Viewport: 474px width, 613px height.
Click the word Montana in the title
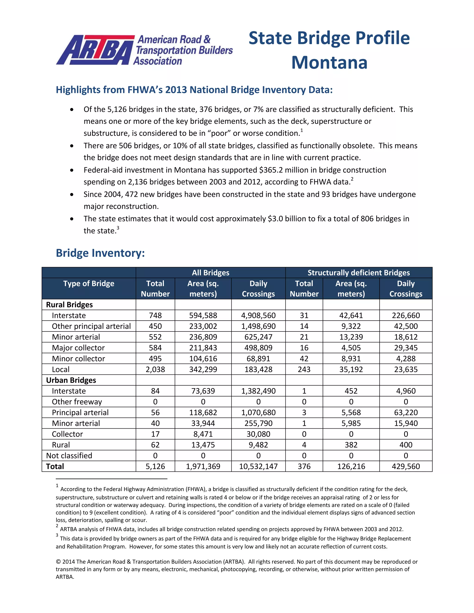(329, 63)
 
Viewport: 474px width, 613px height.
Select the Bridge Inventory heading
(100, 253)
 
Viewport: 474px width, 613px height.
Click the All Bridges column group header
(210, 272)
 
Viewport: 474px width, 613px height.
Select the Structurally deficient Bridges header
(358, 272)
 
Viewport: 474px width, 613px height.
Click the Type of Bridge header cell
(88, 284)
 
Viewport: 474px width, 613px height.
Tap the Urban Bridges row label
(71, 380)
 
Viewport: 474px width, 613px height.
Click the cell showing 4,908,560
(258, 316)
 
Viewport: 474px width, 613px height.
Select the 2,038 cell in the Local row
(155, 369)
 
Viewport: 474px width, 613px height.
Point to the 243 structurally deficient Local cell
(304, 369)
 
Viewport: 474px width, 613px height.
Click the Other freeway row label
(77, 402)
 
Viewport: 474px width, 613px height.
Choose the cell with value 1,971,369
(203, 467)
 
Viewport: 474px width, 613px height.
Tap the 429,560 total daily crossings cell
(405, 467)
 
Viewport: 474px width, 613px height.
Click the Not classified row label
(69, 455)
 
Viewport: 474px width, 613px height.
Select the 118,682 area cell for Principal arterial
(203, 413)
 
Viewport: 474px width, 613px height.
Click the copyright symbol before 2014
(58, 562)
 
